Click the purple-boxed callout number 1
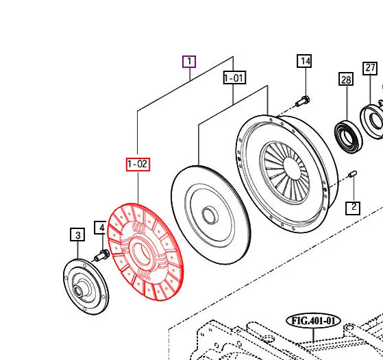click(189, 62)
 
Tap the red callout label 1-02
click(138, 164)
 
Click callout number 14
click(305, 62)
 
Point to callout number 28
click(346, 80)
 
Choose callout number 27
click(370, 68)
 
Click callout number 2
click(352, 206)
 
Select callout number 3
click(78, 235)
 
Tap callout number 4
click(100, 227)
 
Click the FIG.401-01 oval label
click(313, 321)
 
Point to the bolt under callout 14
click(302, 102)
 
